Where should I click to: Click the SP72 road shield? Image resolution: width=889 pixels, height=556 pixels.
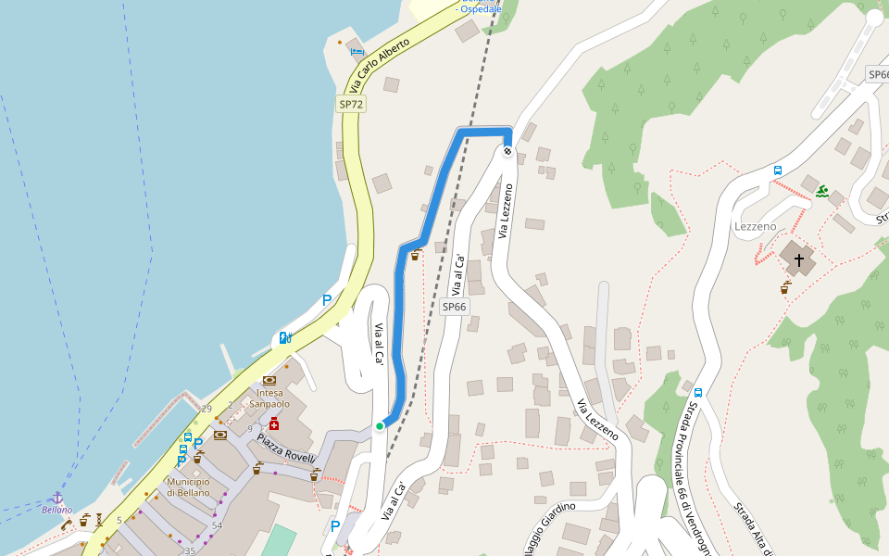(351, 105)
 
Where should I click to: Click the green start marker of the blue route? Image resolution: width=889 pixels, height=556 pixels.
(380, 426)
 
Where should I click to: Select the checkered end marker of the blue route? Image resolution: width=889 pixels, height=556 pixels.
(507, 151)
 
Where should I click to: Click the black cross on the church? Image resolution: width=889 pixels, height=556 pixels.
(798, 260)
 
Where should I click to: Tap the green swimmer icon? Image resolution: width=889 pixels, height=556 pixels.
(822, 192)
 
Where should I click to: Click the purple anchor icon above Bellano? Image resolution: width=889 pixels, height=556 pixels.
(57, 498)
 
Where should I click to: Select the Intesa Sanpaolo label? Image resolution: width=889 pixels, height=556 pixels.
(269, 398)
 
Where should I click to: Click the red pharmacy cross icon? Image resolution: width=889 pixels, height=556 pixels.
(274, 423)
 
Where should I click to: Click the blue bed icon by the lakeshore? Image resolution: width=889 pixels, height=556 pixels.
(357, 52)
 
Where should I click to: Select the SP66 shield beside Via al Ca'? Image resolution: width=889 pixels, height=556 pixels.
(454, 307)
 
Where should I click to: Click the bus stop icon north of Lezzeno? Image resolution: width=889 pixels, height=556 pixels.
(778, 171)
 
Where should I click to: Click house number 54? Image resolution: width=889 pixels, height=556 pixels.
(217, 525)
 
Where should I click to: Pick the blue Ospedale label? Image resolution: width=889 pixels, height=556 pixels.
(479, 8)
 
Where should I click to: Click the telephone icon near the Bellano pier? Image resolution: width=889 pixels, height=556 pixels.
(67, 524)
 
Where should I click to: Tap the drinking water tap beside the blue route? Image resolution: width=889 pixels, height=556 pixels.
(415, 255)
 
